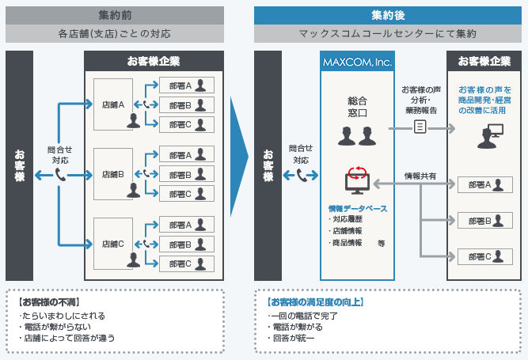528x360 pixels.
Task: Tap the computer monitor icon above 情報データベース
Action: [356, 181]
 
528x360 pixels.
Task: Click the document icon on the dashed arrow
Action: [420, 127]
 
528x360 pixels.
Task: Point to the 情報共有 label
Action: [420, 175]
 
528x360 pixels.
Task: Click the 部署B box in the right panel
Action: [484, 221]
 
